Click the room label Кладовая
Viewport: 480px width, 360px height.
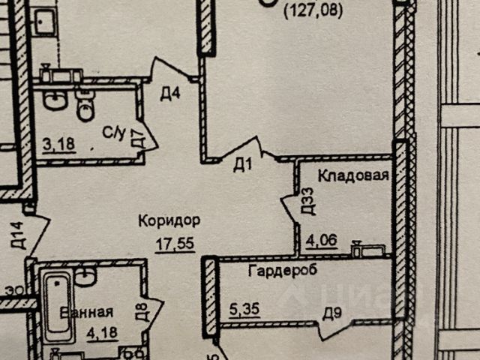click(353, 177)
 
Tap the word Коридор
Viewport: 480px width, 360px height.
click(168, 220)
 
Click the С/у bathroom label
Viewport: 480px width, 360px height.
click(113, 133)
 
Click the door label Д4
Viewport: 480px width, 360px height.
click(170, 94)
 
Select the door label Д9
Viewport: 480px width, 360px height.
click(329, 313)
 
